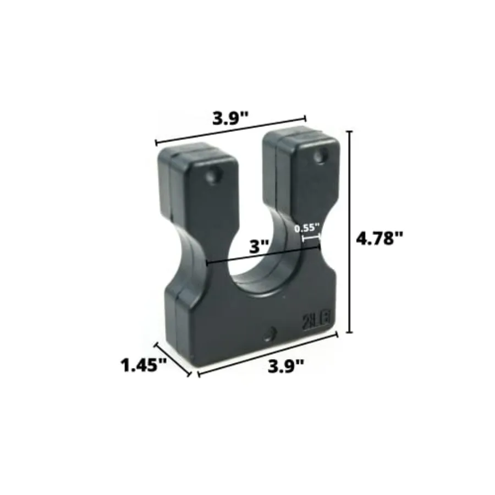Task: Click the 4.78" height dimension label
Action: (380, 238)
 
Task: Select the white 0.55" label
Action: (306, 227)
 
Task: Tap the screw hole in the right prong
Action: (319, 157)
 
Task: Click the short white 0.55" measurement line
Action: (311, 238)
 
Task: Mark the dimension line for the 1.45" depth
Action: (173, 360)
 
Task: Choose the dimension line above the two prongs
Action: (231, 130)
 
